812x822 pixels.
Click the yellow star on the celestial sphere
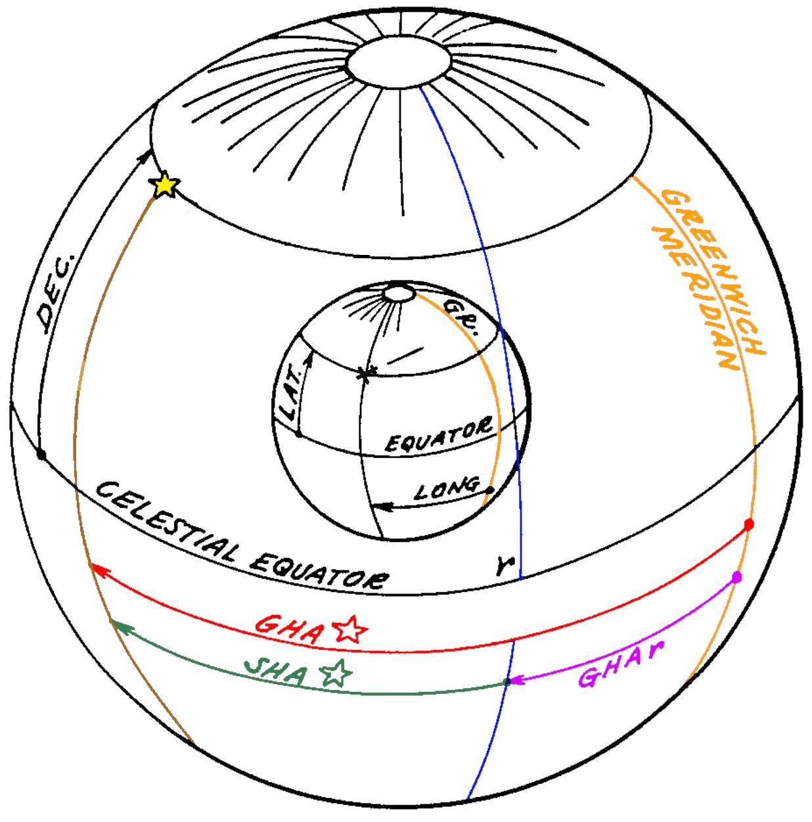(x=164, y=185)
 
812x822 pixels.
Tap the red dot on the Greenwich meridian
(x=748, y=524)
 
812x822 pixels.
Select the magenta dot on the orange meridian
(x=736, y=578)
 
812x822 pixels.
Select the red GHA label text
(x=286, y=629)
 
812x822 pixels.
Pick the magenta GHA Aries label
(x=621, y=664)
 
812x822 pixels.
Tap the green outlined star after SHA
(x=336, y=673)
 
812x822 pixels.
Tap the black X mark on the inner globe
(x=366, y=374)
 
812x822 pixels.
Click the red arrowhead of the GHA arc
(x=97, y=569)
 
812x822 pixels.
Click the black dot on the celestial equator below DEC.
(x=41, y=454)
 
